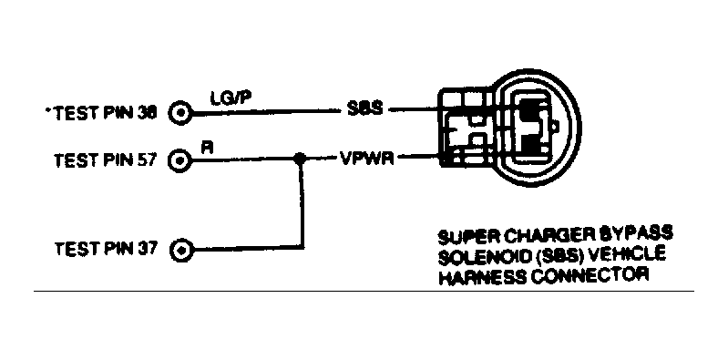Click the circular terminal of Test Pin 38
pos(182,113)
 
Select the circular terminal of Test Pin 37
pos(182,248)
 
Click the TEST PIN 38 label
pos(106,113)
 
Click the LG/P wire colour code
pos(225,98)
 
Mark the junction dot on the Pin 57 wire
pos(299,159)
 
